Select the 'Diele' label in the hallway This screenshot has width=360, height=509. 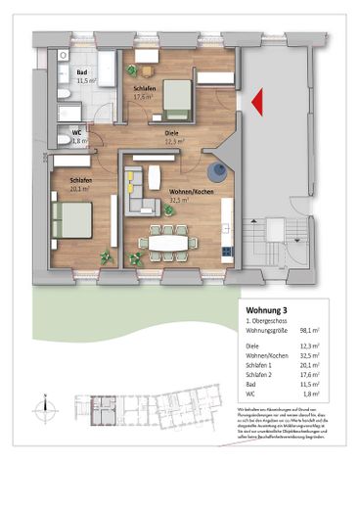pos(170,132)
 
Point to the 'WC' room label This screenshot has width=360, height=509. pos(76,132)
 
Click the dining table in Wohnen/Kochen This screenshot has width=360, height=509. pos(167,240)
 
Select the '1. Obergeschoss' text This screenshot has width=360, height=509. pos(267,321)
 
